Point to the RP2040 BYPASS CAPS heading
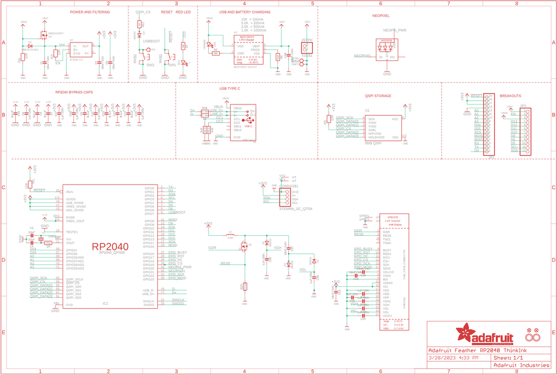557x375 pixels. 74,93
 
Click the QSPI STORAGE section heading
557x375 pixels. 378,96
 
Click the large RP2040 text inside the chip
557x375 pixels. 110,246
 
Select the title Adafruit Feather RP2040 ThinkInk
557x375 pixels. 479,349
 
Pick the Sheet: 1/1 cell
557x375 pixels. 509,358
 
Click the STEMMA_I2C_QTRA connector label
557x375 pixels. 296,209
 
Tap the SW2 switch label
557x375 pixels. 150,65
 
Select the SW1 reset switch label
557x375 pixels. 172,65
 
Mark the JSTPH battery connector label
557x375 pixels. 307,40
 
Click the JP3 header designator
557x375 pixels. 523,106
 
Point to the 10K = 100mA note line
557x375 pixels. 252,19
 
